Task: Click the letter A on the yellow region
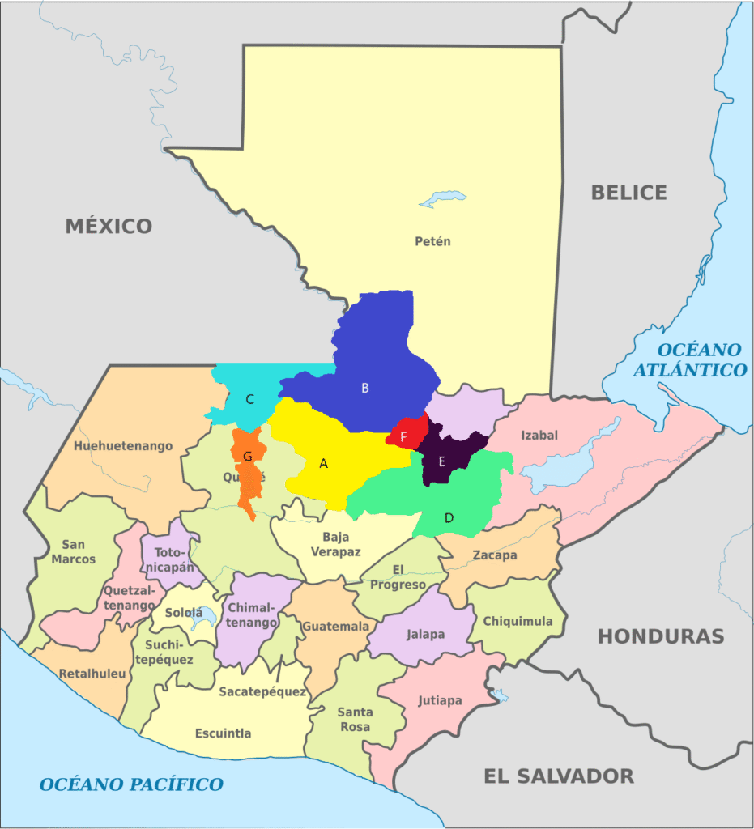(x=324, y=464)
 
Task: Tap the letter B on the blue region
(x=364, y=388)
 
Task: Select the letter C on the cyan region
(x=250, y=398)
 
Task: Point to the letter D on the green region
(x=449, y=517)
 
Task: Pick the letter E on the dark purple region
(x=441, y=461)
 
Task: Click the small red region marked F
(x=403, y=437)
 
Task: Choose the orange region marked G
(x=248, y=457)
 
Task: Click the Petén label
(x=432, y=241)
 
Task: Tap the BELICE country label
(x=628, y=193)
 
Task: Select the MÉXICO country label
(x=109, y=226)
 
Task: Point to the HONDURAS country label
(x=660, y=636)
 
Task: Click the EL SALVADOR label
(x=558, y=776)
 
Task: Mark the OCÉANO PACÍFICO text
(x=131, y=784)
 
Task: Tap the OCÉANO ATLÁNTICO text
(x=701, y=360)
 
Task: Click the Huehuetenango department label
(x=123, y=445)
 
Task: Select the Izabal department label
(x=539, y=435)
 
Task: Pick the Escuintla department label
(x=223, y=733)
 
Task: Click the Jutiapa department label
(x=440, y=700)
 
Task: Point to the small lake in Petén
(x=443, y=198)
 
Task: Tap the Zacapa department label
(x=495, y=555)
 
